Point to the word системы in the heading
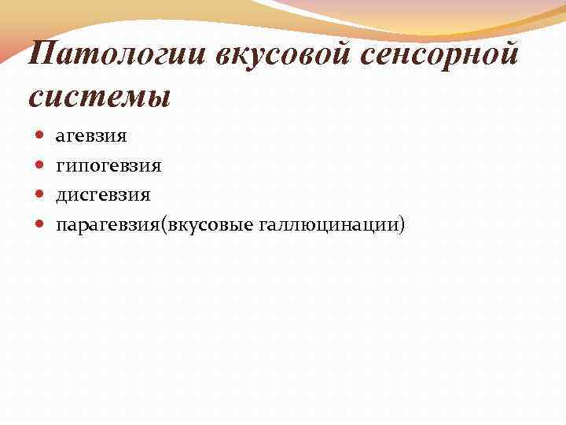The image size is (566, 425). tap(99, 98)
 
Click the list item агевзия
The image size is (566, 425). tap(90, 136)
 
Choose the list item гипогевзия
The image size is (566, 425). tap(108, 166)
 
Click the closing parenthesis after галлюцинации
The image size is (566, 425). tap(403, 225)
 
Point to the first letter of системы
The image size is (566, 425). tap(36, 99)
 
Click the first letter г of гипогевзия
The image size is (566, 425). tap(60, 167)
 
